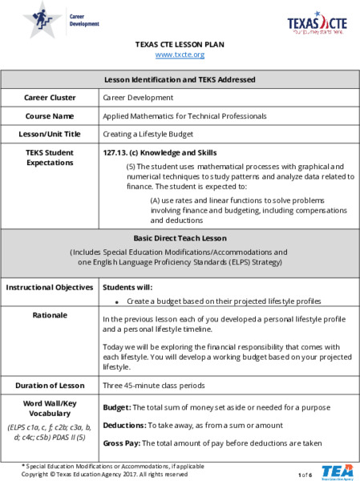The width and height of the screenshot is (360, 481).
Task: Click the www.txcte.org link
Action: pos(180,55)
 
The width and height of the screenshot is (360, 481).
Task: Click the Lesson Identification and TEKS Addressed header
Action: pos(180,79)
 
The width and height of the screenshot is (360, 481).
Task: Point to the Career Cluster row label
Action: pos(50,97)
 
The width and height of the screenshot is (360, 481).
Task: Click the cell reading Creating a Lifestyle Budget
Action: pos(148,133)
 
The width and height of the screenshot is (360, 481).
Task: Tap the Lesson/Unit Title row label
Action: pos(50,133)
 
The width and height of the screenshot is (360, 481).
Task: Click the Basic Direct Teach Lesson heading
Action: pos(180,237)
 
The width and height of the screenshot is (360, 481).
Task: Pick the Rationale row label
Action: pos(50,315)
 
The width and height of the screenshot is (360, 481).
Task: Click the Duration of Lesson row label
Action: pos(50,385)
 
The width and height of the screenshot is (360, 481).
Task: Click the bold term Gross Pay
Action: pos(123,442)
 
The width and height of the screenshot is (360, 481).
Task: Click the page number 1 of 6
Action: pos(305,475)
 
